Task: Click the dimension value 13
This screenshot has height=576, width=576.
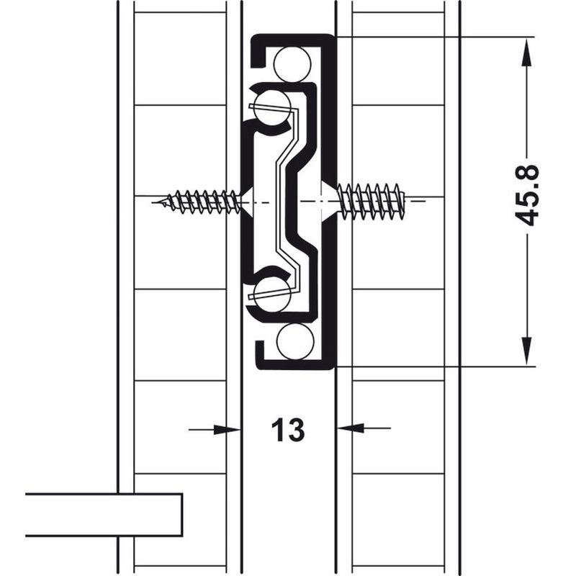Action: coord(287,430)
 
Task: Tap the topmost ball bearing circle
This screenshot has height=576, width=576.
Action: coord(293,64)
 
